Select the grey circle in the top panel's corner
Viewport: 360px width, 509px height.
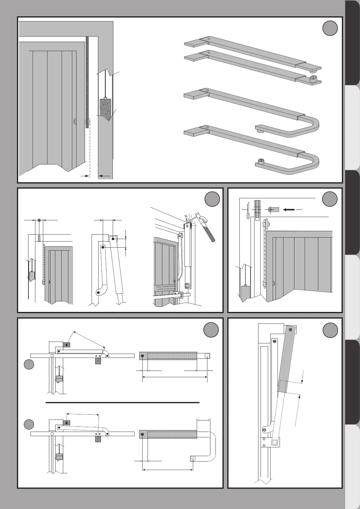[330, 29]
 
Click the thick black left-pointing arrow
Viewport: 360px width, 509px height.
[289, 209]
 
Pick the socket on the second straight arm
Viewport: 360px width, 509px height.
[313, 79]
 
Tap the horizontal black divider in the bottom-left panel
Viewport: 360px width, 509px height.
[122, 403]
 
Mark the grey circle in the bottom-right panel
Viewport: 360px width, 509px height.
[330, 330]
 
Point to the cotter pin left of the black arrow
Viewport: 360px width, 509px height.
[248, 209]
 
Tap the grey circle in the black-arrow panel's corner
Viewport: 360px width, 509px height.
[330, 199]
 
